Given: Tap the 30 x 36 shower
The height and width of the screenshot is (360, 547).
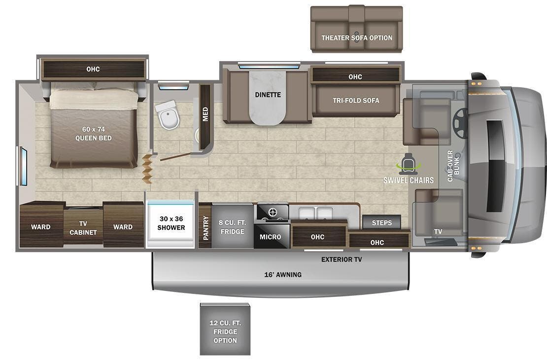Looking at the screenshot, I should [171, 223].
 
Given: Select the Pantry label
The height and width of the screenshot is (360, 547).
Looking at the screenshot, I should [205, 227].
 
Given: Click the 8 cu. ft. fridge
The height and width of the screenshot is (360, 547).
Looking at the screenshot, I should [232, 227].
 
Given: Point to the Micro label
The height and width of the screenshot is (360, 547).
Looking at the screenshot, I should [270, 237].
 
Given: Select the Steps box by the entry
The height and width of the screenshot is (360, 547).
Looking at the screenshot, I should [381, 222].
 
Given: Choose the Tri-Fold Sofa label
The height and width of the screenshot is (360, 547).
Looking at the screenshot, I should [356, 101].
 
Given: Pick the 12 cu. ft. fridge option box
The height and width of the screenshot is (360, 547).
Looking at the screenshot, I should [225, 329].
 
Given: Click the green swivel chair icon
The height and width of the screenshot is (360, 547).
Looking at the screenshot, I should [409, 165].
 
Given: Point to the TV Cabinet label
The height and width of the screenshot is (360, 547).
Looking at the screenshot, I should [83, 228].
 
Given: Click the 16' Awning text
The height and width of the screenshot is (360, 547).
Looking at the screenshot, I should [283, 275].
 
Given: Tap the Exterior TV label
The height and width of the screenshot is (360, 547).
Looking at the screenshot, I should [341, 259].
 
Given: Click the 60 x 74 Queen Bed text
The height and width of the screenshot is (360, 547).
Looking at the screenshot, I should [93, 134].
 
